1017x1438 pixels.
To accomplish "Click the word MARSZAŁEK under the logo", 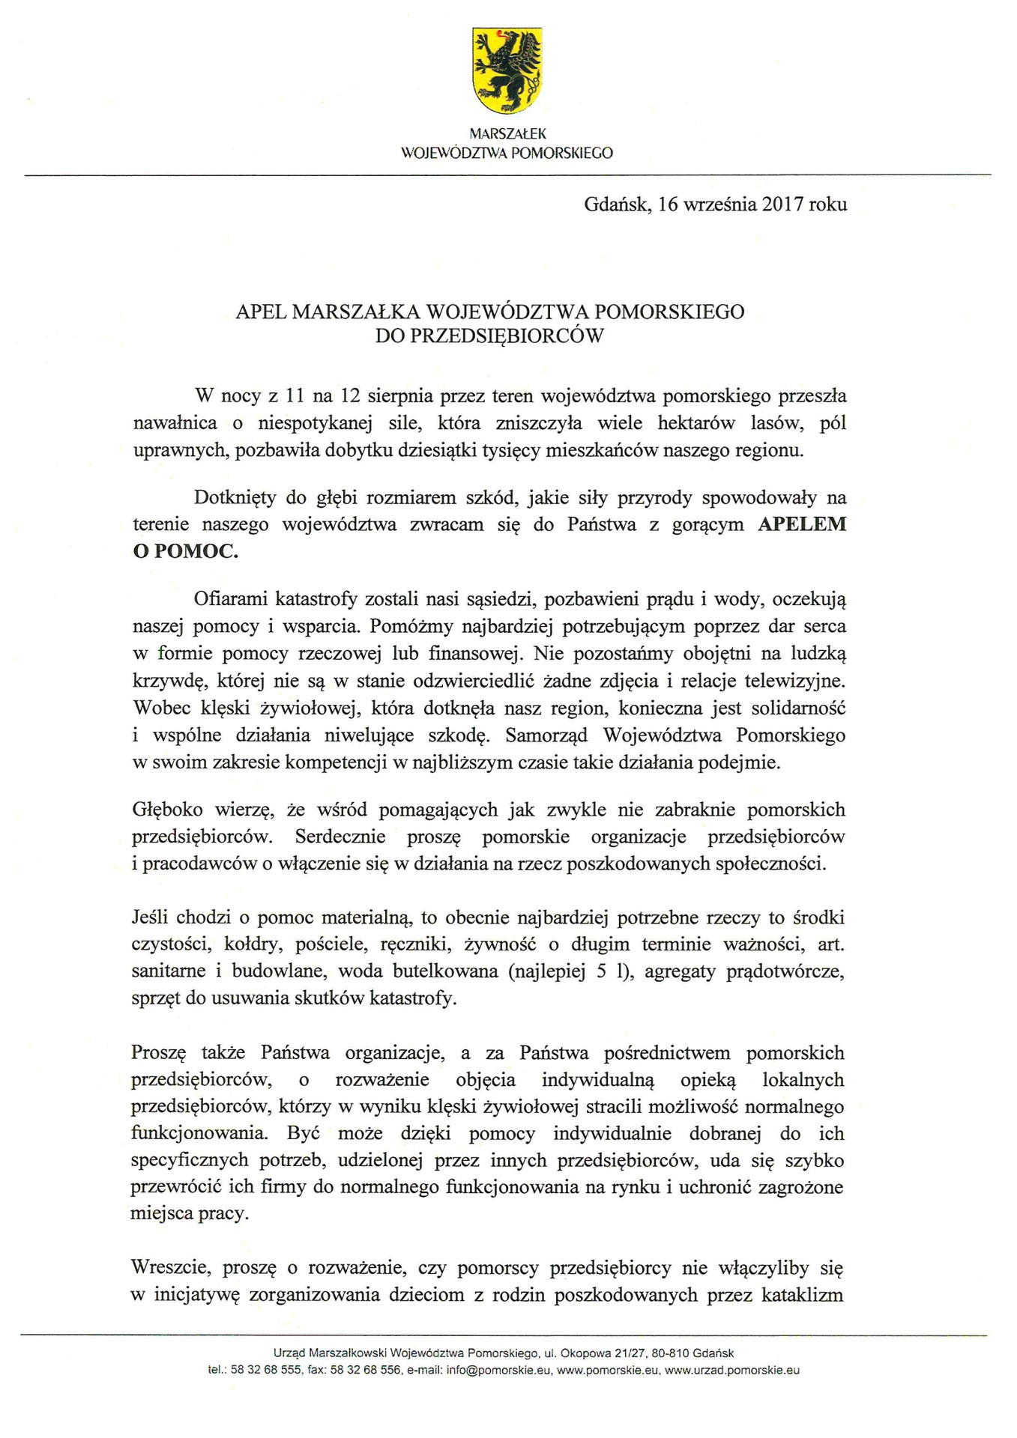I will pyautogui.click(x=507, y=134).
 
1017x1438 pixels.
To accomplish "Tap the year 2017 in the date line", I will pyautogui.click(x=782, y=204).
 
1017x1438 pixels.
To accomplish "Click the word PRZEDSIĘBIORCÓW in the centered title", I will pyautogui.click(x=489, y=336).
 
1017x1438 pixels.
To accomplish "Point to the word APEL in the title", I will pyautogui.click(x=262, y=312).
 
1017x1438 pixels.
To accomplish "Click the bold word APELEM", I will pyautogui.click(x=802, y=524).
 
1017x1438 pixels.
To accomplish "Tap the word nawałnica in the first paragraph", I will pyautogui.click(x=175, y=423).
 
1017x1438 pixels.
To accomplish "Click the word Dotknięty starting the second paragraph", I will pyautogui.click(x=235, y=497).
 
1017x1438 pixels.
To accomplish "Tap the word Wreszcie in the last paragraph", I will pyautogui.click(x=165, y=1269).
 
